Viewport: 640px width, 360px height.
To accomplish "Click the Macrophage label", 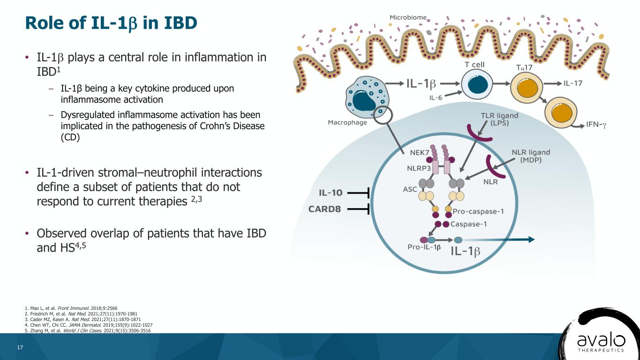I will click(x=347, y=123).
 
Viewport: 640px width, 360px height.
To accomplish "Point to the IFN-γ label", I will click(x=596, y=125).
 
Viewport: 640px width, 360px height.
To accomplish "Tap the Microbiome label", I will click(x=408, y=17).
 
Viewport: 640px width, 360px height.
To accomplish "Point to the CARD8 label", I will click(x=324, y=209).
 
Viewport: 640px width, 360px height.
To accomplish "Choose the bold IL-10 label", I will click(x=330, y=193).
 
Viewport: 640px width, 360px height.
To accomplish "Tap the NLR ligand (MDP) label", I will click(x=530, y=156).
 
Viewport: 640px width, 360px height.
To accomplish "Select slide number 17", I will click(x=20, y=347).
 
